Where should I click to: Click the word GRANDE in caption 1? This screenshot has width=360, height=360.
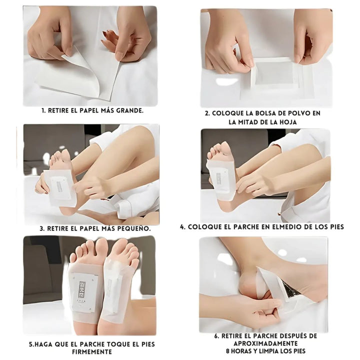click(129, 110)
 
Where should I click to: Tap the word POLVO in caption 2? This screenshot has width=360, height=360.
click(295, 113)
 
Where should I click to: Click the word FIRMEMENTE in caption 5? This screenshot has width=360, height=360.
click(92, 351)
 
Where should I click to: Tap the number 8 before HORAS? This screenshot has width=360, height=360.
click(227, 351)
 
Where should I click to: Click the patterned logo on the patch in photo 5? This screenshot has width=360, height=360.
click(81, 289)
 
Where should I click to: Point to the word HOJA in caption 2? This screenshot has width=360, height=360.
click(287, 122)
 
